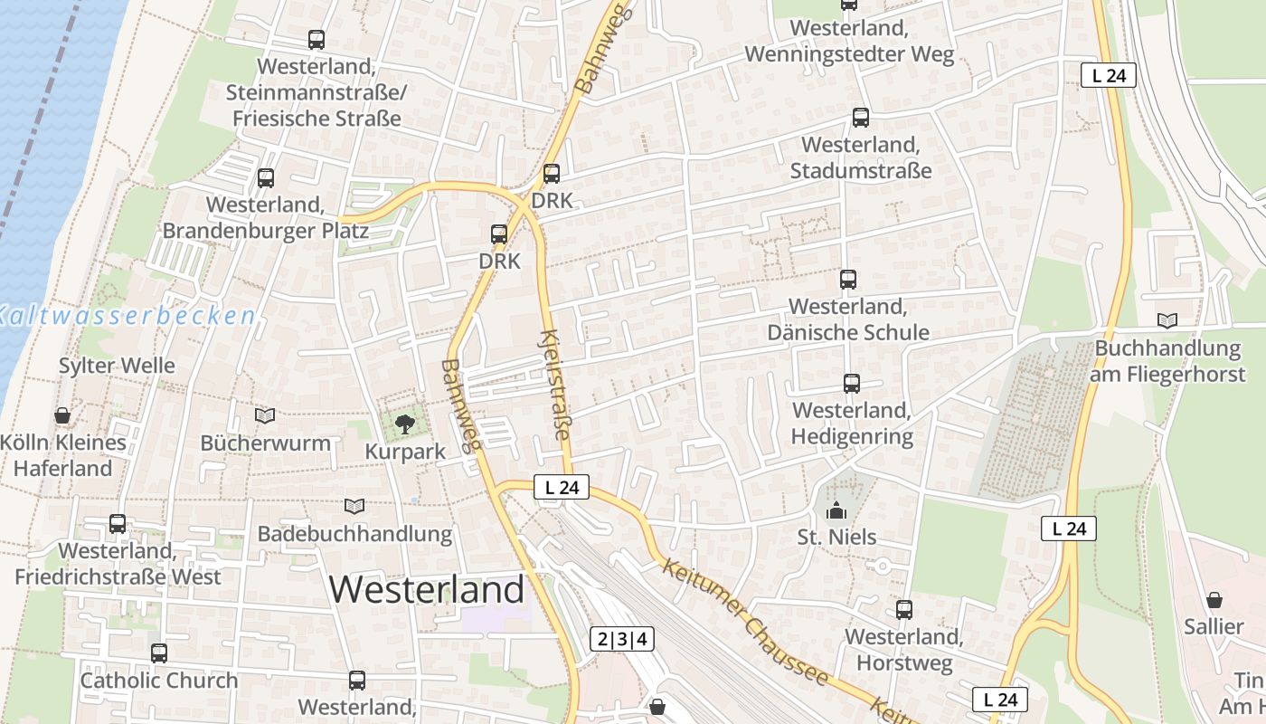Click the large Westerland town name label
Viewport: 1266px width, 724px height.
pyautogui.click(x=426, y=589)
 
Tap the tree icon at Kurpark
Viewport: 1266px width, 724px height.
pyautogui.click(x=404, y=423)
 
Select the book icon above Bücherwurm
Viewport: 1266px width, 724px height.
pyautogui.click(x=265, y=415)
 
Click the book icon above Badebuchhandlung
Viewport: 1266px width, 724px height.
pyautogui.click(x=354, y=506)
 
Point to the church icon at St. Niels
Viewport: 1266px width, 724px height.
pyautogui.click(x=836, y=510)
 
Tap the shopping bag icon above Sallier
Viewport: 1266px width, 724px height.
pyautogui.click(x=1214, y=599)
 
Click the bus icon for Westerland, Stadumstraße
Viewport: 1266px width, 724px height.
pyautogui.click(x=861, y=117)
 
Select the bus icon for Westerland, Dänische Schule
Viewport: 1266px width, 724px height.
pyautogui.click(x=847, y=279)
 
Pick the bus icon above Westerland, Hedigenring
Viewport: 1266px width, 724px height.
pyautogui.click(x=851, y=383)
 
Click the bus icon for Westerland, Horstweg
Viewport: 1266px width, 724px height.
pyautogui.click(x=903, y=609)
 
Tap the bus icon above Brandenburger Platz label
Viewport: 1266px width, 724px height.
pyautogui.click(x=265, y=177)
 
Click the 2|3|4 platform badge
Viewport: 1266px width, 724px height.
pyautogui.click(x=622, y=639)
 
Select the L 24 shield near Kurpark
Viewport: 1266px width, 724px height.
pyautogui.click(x=561, y=488)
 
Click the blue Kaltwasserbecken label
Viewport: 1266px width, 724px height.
pyautogui.click(x=127, y=315)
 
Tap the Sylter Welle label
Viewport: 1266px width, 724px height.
pyautogui.click(x=117, y=366)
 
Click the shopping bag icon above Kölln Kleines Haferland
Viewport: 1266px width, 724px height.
pyautogui.click(x=62, y=415)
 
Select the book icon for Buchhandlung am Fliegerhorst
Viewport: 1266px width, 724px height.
pyautogui.click(x=1167, y=320)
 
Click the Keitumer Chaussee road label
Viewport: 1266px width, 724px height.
pyautogui.click(x=745, y=623)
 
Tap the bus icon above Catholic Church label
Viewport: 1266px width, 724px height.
pyautogui.click(x=159, y=653)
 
